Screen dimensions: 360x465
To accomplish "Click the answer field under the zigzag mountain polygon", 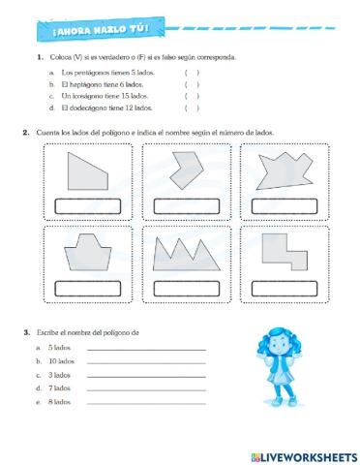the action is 186,287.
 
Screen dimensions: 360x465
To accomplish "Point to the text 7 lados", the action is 59,387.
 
